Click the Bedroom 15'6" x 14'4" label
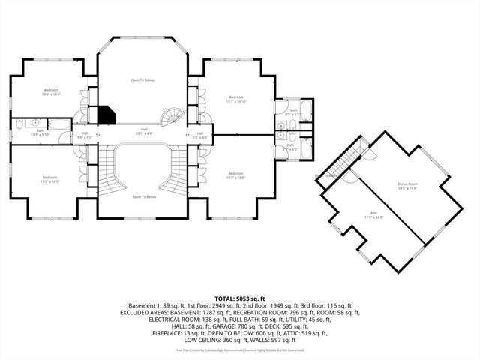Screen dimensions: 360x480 (51, 91)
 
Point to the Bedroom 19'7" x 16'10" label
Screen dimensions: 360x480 (235, 99)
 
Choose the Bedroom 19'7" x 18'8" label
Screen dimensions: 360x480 (235, 175)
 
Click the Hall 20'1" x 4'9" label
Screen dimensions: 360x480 (144, 131)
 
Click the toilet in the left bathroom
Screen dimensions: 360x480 (35, 121)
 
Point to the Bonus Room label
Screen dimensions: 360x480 (407, 185)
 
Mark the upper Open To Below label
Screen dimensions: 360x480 (142, 79)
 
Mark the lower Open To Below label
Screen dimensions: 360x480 (144, 196)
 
